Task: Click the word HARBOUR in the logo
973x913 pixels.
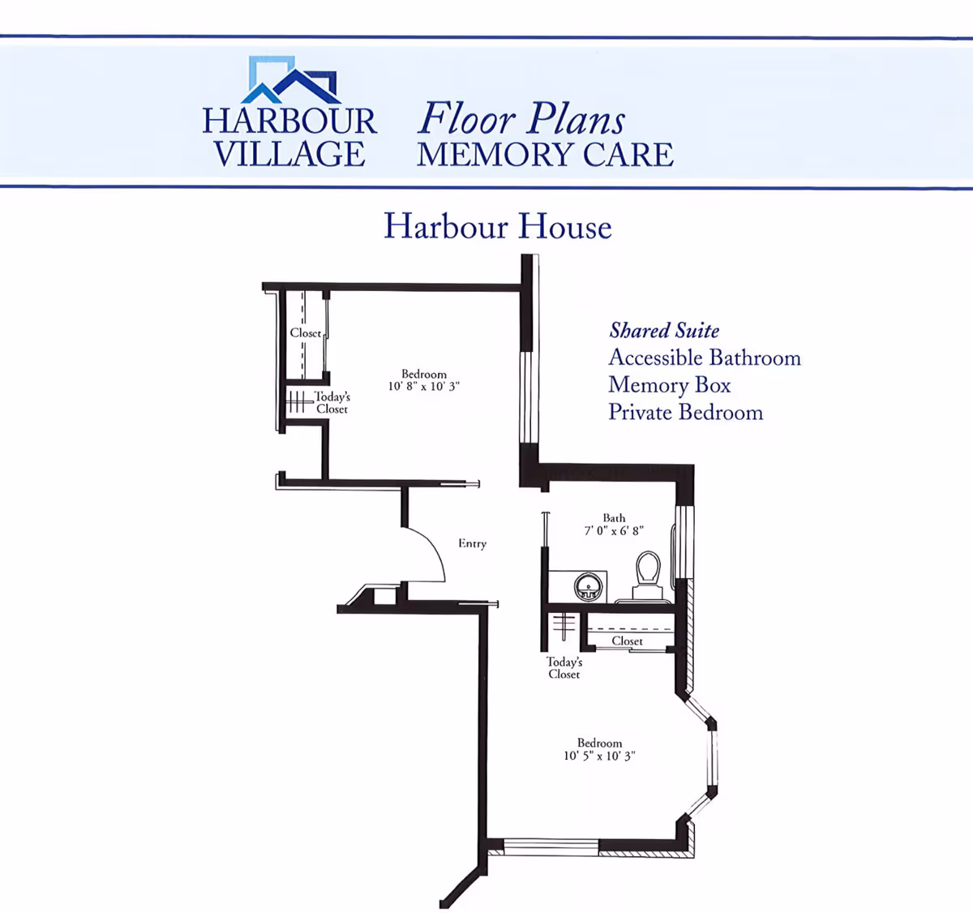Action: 289,122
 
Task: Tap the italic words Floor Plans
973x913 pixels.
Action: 521,119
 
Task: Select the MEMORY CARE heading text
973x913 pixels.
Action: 545,155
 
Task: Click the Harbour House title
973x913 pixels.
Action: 497,226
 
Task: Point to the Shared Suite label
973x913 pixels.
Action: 664,331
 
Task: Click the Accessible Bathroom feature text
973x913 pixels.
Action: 704,358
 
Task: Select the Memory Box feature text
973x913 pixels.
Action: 669,385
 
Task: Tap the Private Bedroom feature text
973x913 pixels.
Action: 685,413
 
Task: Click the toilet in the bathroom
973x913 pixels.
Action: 648,572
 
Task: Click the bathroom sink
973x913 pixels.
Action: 587,586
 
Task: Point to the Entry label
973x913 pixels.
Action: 472,543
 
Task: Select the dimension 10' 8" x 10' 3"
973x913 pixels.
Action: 423,387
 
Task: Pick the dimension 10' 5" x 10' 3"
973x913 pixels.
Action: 599,756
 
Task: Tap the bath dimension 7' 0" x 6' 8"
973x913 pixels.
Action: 614,531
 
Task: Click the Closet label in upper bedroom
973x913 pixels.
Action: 306,333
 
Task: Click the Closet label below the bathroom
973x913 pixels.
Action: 627,641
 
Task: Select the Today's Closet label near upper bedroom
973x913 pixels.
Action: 332,403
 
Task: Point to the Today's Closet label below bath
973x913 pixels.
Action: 564,668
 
